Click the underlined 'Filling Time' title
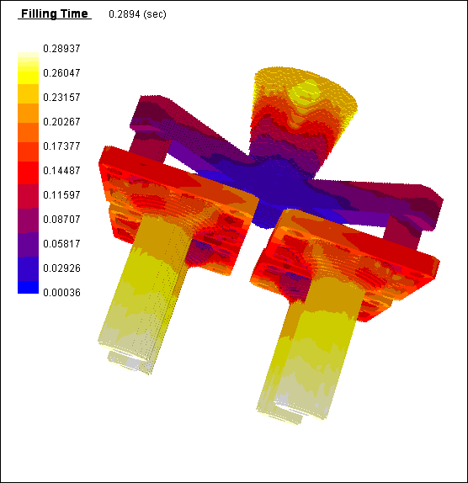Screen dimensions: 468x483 pyautogui.click(x=55, y=13)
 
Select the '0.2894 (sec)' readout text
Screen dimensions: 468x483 pyautogui.click(x=137, y=14)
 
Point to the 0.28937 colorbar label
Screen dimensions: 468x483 pyautogui.click(x=61, y=48)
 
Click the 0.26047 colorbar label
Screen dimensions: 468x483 pyautogui.click(x=61, y=72)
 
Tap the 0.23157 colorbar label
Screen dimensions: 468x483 pyautogui.click(x=61, y=97)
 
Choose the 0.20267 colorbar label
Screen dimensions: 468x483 pyautogui.click(x=61, y=121)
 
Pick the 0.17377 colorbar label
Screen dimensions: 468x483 pyautogui.click(x=61, y=146)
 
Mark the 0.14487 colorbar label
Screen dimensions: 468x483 pyautogui.click(x=61, y=170)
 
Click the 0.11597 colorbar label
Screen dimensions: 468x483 pyautogui.click(x=61, y=194)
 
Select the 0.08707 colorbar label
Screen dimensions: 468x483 pyautogui.click(x=61, y=219)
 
